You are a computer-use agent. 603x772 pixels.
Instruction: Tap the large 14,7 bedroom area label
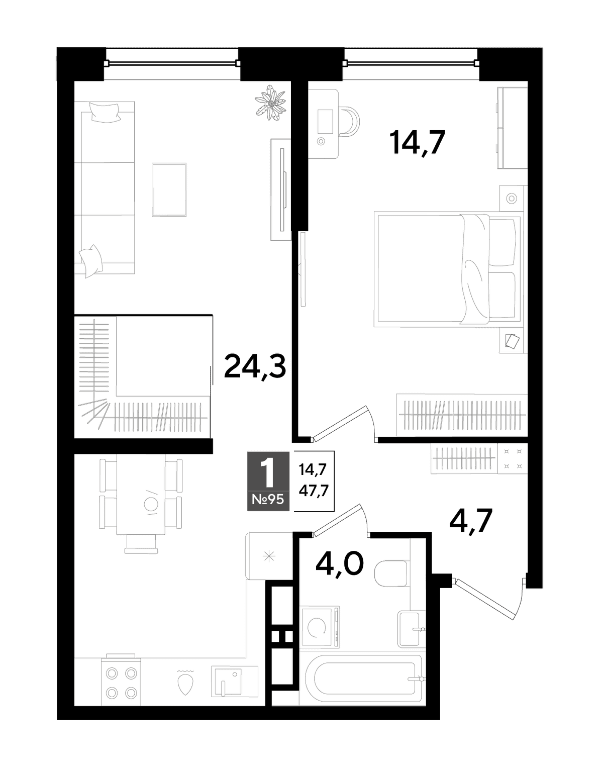click(417, 142)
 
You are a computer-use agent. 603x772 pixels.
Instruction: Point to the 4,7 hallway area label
click(470, 521)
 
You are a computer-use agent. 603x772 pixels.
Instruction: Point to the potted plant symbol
click(271, 103)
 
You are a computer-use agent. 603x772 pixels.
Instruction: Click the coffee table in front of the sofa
click(169, 189)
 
